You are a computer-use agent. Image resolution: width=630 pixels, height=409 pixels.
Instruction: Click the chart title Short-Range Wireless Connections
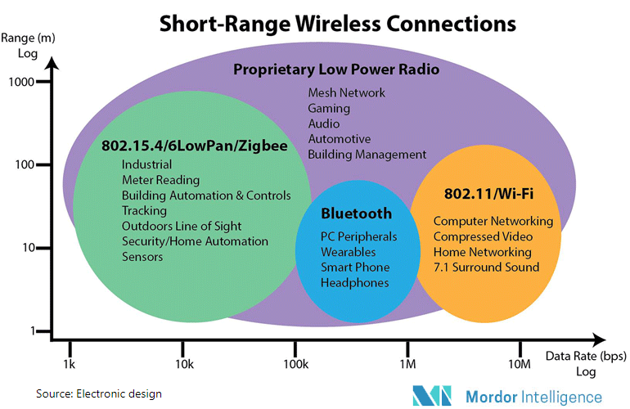click(x=337, y=24)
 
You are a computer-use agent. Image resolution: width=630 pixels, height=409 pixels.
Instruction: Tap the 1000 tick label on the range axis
click(x=21, y=82)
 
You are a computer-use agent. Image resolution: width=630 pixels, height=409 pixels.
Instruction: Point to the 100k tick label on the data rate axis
click(x=296, y=364)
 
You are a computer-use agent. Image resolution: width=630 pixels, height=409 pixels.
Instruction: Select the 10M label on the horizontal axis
click(x=520, y=364)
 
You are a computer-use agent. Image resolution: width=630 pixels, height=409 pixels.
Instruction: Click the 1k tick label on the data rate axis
click(x=69, y=364)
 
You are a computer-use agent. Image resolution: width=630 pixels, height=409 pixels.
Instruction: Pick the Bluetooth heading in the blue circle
click(x=357, y=213)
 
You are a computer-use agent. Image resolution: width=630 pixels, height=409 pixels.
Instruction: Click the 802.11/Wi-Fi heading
click(x=488, y=194)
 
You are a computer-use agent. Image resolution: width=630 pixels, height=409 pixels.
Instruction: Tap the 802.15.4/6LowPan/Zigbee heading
click(x=195, y=146)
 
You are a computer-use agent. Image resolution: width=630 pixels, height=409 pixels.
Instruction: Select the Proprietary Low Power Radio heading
click(x=336, y=70)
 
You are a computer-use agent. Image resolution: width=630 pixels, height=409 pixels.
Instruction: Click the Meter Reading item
click(x=160, y=180)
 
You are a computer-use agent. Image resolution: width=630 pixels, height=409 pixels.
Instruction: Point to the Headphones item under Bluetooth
click(x=355, y=283)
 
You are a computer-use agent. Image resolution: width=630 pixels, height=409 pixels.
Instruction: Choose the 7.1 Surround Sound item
click(x=486, y=267)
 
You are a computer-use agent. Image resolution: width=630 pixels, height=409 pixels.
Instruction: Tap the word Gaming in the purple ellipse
click(x=329, y=109)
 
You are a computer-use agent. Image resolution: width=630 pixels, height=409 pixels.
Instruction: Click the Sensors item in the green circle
click(x=142, y=257)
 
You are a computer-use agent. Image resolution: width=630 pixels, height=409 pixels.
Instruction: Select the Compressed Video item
click(x=483, y=236)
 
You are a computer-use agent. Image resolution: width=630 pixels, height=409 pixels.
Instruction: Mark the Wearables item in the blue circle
click(x=349, y=252)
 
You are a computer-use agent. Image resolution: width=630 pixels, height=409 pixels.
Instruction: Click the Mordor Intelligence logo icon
click(x=432, y=396)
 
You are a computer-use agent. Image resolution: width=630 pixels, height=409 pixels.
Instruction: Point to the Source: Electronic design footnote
click(x=99, y=393)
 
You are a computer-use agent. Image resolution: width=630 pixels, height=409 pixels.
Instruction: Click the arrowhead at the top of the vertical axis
click(x=52, y=63)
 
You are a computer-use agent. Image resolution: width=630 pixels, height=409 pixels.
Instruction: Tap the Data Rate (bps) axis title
click(x=586, y=357)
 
